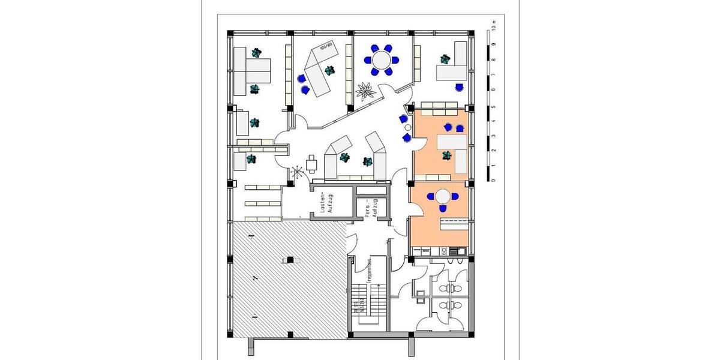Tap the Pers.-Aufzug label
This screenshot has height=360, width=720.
click(x=370, y=208)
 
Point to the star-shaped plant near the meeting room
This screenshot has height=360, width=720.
click(x=364, y=91)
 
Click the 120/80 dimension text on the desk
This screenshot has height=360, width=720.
click(x=326, y=46)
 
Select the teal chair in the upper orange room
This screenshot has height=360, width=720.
click(x=446, y=155)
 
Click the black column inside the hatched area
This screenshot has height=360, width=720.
click(x=290, y=260)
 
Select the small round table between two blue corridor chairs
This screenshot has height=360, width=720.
click(x=408, y=128)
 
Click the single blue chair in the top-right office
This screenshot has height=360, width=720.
click(x=459, y=86)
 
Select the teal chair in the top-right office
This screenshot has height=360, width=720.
click(x=445, y=59)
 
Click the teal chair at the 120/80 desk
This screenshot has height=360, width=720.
click(x=329, y=71)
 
